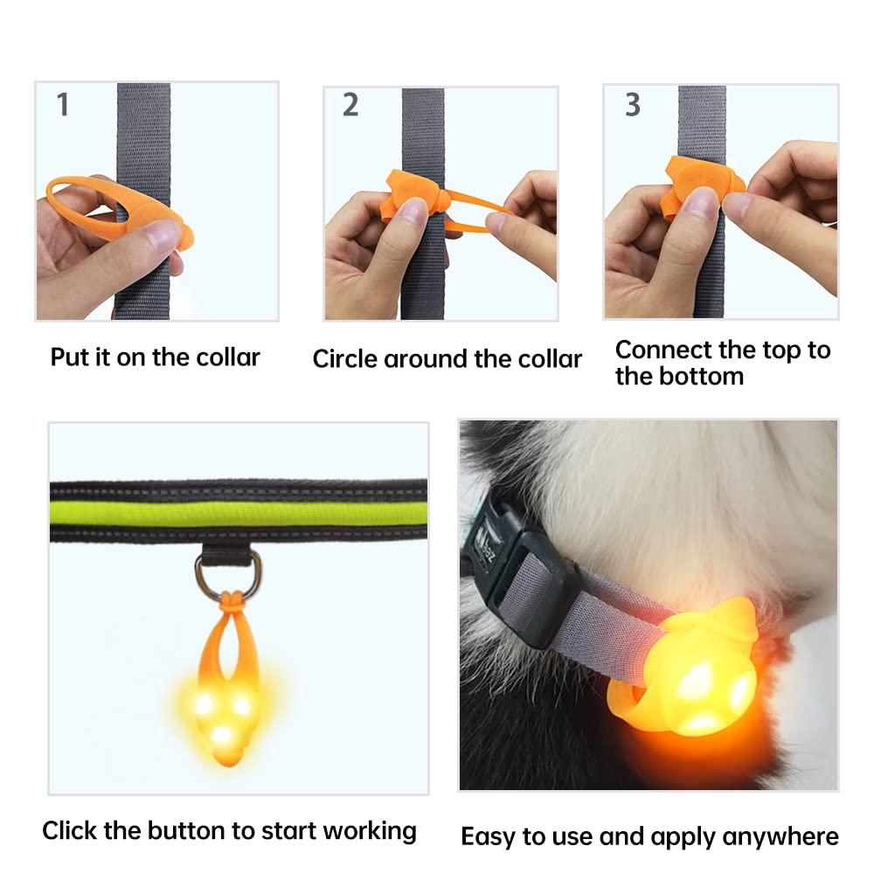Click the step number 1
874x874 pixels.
tap(63, 105)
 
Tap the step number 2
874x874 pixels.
tap(350, 105)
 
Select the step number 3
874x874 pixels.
tap(632, 105)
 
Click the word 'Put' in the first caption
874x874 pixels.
tap(69, 357)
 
